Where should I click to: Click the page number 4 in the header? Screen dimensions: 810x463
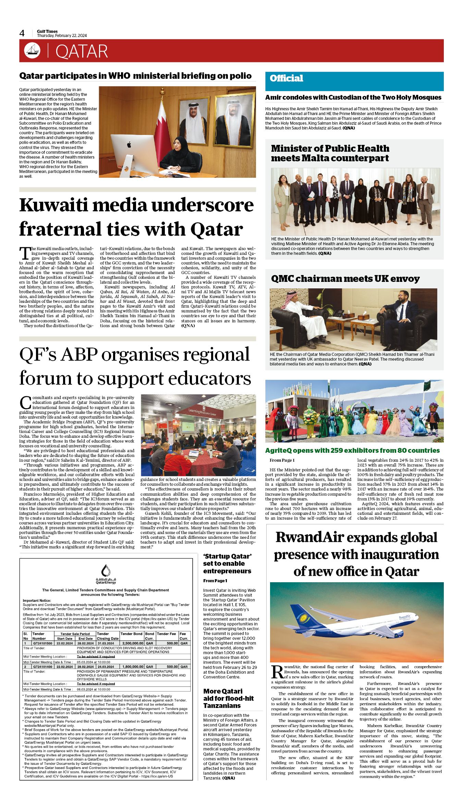(x=22, y=33)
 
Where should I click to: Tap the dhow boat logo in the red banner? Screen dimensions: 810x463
(x=32, y=51)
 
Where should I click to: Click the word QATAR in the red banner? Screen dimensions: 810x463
(x=82, y=51)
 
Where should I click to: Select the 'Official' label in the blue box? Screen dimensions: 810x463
(x=286, y=78)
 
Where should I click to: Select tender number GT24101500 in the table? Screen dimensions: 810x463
(x=42, y=643)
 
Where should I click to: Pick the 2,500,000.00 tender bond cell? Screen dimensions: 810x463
(x=132, y=643)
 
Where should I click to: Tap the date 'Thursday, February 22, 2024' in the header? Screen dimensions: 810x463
(x=62, y=36)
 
